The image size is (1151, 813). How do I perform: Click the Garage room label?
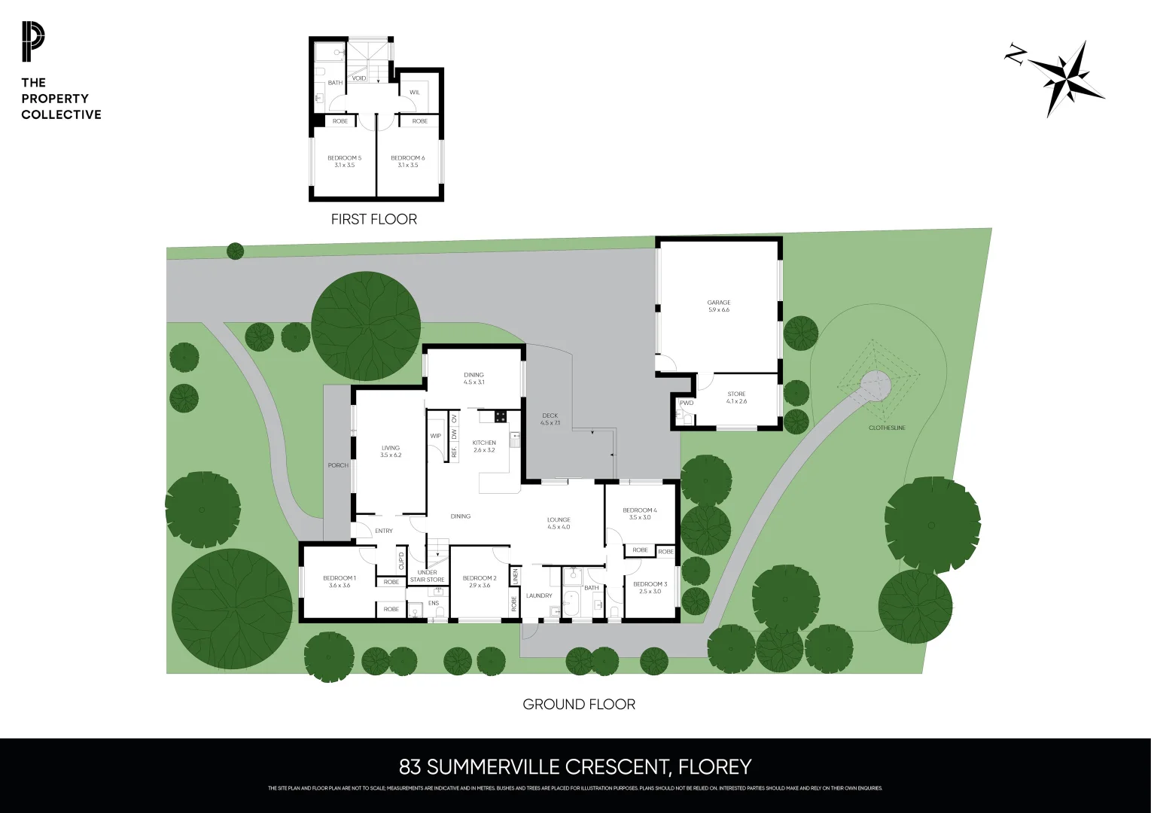point(718,303)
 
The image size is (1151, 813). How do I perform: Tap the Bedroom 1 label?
point(340,578)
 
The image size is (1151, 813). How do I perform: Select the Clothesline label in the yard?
point(887,428)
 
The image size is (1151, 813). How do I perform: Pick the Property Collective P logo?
point(33,42)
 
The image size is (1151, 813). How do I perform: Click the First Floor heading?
point(373,219)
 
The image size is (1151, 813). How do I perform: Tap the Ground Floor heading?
point(579,705)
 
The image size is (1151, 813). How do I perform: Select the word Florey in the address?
point(714,767)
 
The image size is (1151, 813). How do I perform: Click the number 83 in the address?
point(410,767)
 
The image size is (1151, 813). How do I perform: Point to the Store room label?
point(736,394)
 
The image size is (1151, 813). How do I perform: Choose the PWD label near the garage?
point(687,403)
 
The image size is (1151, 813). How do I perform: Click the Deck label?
point(550,416)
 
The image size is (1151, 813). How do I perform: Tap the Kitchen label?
point(484,443)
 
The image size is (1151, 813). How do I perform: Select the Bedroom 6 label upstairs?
point(407,158)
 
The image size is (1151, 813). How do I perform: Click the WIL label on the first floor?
point(415,93)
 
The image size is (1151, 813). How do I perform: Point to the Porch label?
point(338,465)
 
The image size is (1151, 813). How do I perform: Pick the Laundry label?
point(539,595)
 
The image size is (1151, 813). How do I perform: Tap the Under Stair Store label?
point(427,576)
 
